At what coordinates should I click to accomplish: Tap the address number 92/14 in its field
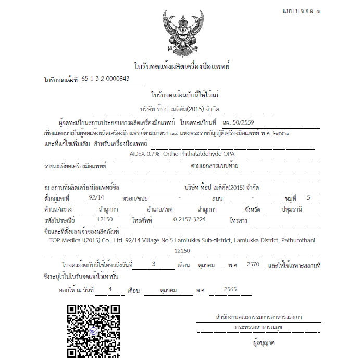click(x=97, y=198)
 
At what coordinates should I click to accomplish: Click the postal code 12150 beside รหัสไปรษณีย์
click(x=105, y=220)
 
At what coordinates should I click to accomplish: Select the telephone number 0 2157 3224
click(x=189, y=220)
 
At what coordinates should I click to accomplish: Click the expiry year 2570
click(x=253, y=264)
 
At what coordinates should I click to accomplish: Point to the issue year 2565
click(x=230, y=289)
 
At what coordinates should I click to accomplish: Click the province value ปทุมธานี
click(x=285, y=209)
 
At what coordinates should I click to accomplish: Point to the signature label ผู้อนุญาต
click(x=264, y=343)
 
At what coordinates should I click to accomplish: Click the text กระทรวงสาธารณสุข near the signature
click(x=259, y=327)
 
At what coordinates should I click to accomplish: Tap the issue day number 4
click(x=110, y=289)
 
